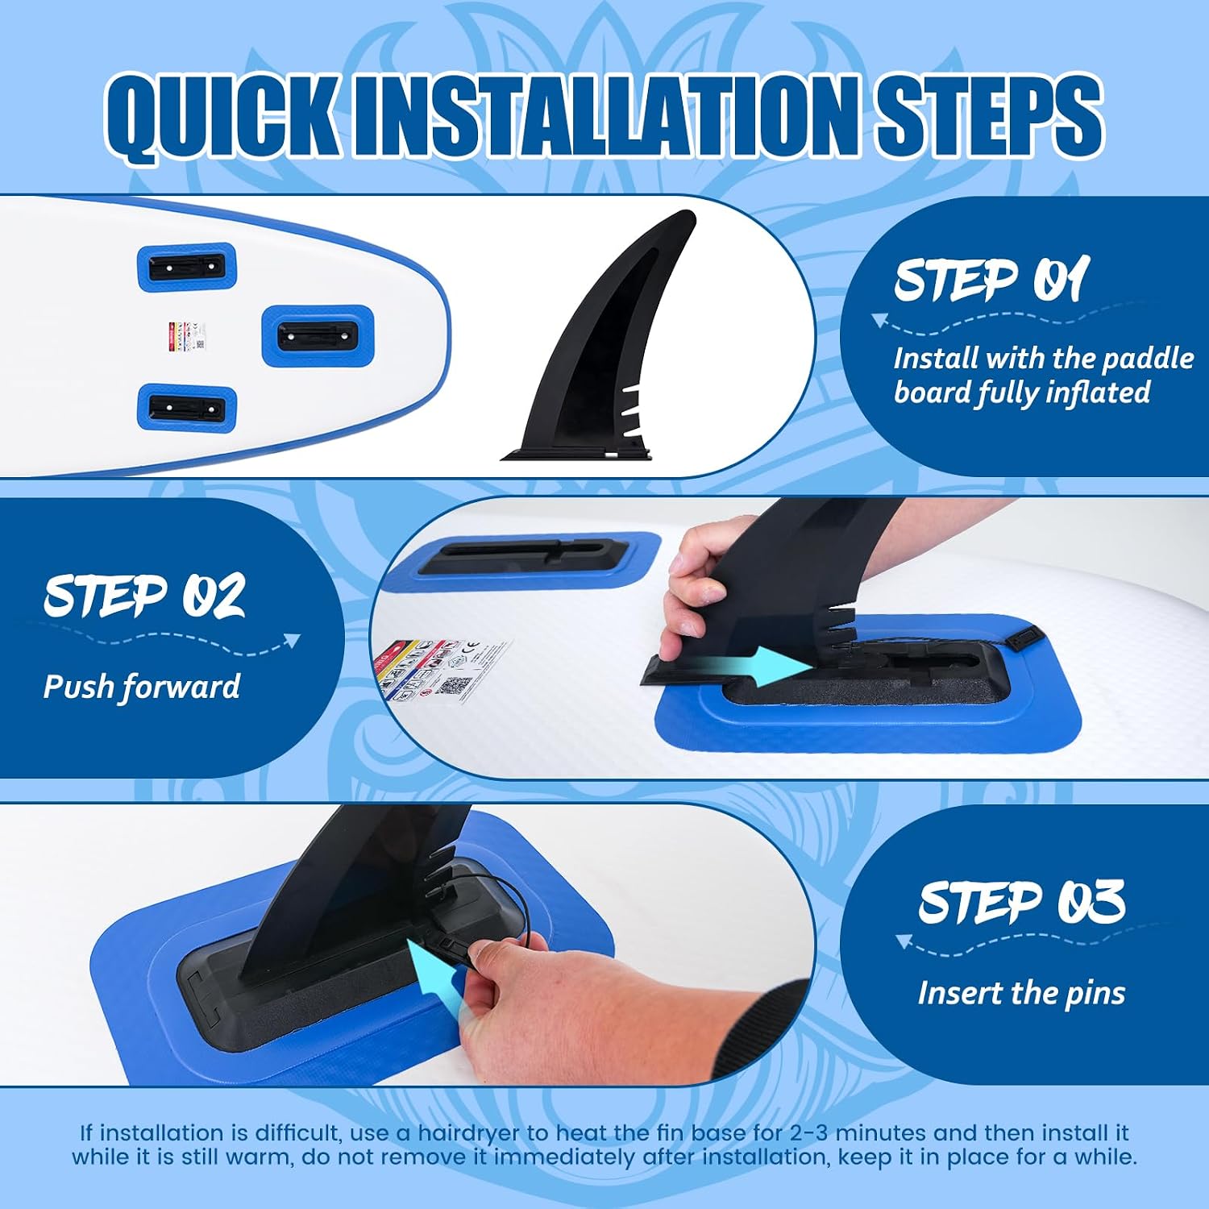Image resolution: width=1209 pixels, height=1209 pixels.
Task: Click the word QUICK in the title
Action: click(x=222, y=114)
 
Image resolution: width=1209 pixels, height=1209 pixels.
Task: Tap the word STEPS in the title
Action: click(x=990, y=114)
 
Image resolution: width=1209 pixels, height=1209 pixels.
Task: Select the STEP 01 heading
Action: click(x=991, y=279)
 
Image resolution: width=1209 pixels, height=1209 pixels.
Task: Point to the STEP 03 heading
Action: click(x=1021, y=900)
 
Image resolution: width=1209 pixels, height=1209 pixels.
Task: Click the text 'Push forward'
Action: click(x=142, y=687)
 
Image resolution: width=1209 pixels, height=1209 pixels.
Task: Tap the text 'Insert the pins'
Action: click(x=1021, y=993)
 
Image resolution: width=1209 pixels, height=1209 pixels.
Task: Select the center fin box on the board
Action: click(x=318, y=333)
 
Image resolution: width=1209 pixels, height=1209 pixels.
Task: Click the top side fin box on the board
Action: click(x=187, y=266)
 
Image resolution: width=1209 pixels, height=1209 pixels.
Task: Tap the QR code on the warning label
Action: click(x=456, y=686)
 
